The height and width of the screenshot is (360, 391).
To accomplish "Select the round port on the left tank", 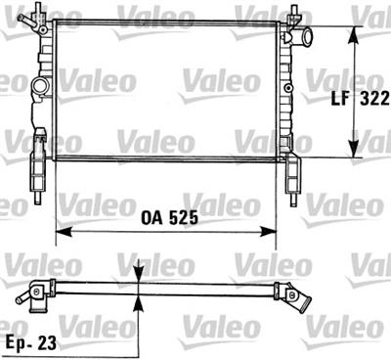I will (41, 87).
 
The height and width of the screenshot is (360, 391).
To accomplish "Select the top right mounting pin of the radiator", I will (294, 15).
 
